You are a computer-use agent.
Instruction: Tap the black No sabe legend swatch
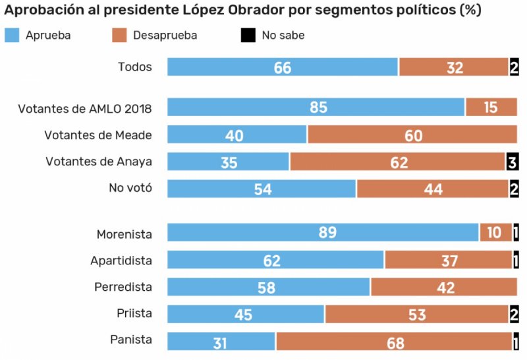click(248, 36)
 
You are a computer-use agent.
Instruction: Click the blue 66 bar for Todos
click(283, 67)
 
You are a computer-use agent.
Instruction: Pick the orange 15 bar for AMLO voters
click(491, 107)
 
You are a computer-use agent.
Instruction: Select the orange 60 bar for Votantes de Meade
click(412, 135)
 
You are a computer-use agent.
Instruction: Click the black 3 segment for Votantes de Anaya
click(512, 162)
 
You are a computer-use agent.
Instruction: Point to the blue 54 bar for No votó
click(262, 189)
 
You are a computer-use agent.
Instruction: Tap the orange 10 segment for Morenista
click(495, 233)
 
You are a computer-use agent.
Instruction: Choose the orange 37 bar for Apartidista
click(449, 260)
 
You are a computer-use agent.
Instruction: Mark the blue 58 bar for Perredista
click(269, 287)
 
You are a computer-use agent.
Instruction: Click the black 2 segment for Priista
click(513, 315)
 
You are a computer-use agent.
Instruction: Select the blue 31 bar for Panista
click(221, 342)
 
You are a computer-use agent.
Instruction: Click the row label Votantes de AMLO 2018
click(85, 108)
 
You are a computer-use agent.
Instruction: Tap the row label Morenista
click(125, 234)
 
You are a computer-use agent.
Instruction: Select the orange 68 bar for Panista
click(394, 342)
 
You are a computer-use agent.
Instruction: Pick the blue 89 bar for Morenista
click(323, 233)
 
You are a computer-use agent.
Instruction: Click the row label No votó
click(130, 188)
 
